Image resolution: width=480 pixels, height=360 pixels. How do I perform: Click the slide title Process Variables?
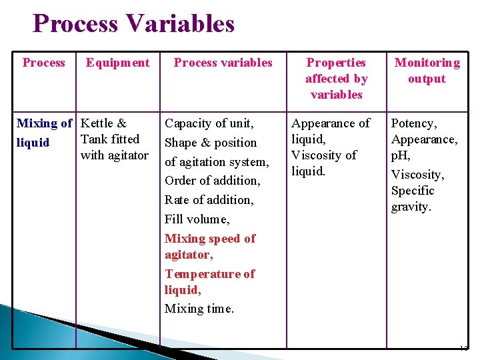(x=133, y=24)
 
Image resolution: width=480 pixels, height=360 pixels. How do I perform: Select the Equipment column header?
(x=117, y=63)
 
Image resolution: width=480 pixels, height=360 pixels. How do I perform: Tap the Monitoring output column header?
(x=427, y=71)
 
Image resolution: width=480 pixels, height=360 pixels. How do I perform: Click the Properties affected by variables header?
(x=336, y=79)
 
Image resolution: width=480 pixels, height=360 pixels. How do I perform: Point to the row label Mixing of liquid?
(x=44, y=132)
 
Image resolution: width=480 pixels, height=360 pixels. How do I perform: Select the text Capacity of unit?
(x=209, y=123)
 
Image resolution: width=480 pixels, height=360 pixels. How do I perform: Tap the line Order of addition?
(x=212, y=181)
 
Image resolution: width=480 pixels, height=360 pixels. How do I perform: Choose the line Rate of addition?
(x=209, y=200)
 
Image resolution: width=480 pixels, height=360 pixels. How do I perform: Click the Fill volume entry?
(x=197, y=219)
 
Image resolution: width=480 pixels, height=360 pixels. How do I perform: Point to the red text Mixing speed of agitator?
(x=209, y=247)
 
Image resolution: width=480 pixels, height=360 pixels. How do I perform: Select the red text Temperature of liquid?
(x=209, y=282)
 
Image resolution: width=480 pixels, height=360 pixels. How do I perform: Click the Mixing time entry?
(x=199, y=309)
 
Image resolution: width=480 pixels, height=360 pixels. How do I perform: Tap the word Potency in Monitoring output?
(x=413, y=123)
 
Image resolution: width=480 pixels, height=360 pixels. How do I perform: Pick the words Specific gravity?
(x=413, y=199)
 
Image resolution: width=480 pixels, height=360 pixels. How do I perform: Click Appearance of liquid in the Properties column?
(x=330, y=131)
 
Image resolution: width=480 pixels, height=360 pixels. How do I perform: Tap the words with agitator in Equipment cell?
(x=114, y=155)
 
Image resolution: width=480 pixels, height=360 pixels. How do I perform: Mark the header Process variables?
(x=223, y=63)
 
